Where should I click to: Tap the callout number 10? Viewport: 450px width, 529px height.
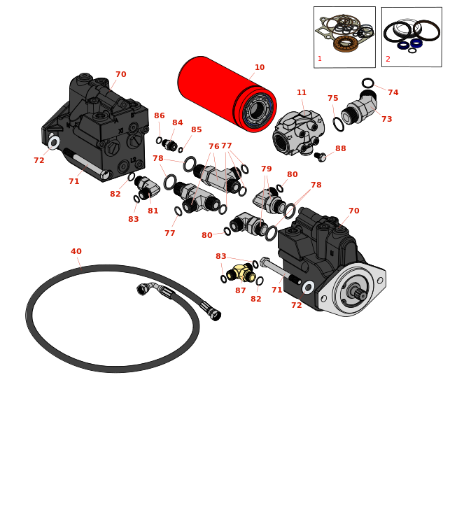[x=260, y=68]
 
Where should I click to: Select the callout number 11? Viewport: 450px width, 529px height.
[x=302, y=93]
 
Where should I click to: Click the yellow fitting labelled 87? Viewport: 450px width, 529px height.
[x=243, y=274]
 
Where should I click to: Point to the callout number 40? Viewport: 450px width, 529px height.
[x=76, y=252]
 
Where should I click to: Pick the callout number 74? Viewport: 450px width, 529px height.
[x=393, y=93]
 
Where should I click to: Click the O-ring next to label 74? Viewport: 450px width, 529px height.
[x=368, y=83]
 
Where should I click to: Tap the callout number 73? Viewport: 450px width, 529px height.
[x=386, y=120]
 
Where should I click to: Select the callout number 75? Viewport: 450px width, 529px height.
[x=332, y=99]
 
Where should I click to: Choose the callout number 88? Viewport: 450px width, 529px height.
[x=340, y=149]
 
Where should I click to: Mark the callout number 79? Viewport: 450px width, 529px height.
[x=266, y=169]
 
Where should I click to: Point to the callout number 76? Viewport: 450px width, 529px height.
[x=213, y=147]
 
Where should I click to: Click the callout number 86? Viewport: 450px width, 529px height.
[x=160, y=116]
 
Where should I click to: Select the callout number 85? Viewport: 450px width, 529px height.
[x=196, y=130]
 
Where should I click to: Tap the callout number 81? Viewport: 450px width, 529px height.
[x=153, y=211]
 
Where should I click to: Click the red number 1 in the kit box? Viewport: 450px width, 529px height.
[x=320, y=59]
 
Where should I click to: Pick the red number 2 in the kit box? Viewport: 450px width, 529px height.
[x=388, y=59]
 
